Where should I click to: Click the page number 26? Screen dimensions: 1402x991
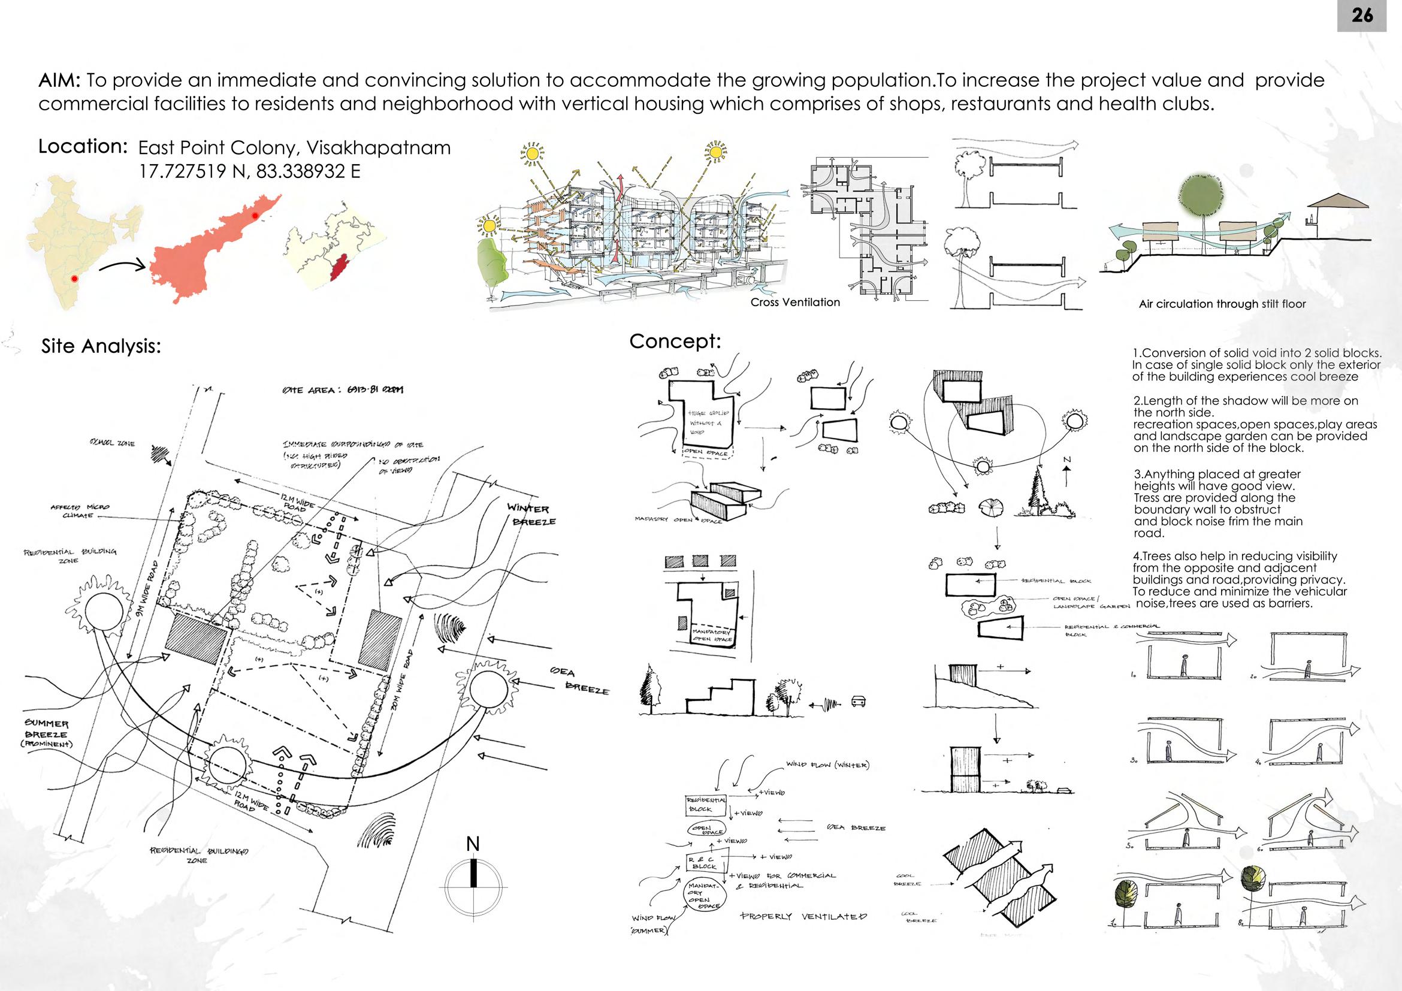pos(1362,15)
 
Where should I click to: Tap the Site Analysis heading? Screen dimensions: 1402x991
pos(101,346)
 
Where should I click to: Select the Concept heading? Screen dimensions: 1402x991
pos(675,342)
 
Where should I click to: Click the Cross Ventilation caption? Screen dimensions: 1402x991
pos(795,302)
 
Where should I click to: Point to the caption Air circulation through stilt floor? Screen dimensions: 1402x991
pos(1222,303)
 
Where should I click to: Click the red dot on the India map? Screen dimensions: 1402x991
pos(74,279)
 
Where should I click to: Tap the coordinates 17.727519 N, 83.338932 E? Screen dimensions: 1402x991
pos(250,171)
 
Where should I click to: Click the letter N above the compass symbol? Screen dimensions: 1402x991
pos(473,844)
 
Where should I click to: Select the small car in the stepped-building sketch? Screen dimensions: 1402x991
pos(857,701)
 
